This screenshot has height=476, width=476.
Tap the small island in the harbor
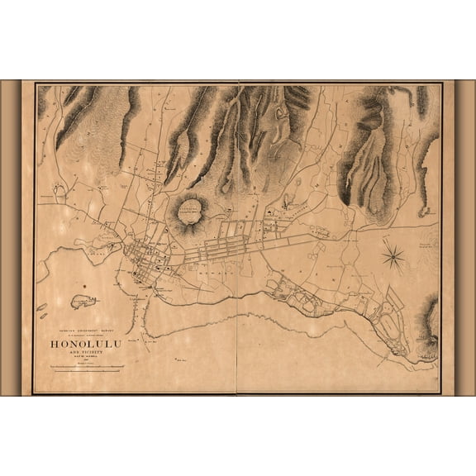[83, 299]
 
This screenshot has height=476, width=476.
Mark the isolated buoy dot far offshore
[185, 355]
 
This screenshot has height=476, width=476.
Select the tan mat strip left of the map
[10, 238]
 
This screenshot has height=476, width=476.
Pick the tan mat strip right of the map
[465, 238]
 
